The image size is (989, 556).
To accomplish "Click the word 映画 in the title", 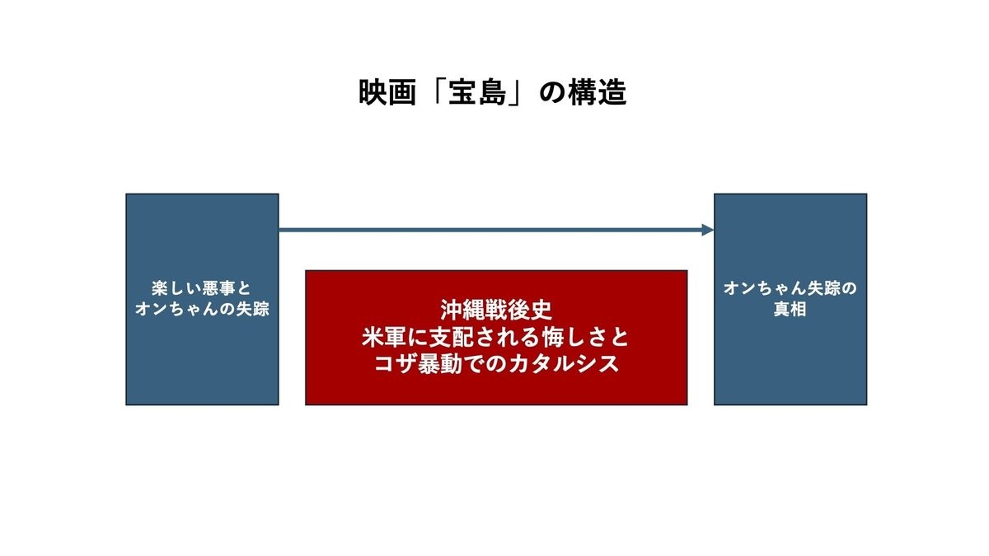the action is point(387,92).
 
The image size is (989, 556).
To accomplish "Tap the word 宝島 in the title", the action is point(478,92).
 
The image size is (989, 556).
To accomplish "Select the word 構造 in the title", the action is point(598,92).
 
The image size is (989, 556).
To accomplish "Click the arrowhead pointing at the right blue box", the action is point(708,230).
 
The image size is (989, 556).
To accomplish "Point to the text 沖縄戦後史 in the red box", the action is point(496,310).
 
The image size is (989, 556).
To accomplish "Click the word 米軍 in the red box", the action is point(384,338).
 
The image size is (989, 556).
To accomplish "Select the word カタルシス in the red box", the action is point(564,364).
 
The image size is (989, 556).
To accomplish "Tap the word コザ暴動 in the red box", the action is point(418,364).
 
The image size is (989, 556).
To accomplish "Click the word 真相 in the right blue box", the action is point(790,309).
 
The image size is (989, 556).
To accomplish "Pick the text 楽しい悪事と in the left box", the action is point(202,288).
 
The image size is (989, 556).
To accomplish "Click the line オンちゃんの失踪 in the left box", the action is point(202,309).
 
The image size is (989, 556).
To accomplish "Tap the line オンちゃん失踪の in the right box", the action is point(790,288).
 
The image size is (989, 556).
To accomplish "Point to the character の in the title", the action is point(553,93).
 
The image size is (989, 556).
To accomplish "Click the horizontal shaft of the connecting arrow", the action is point(490,230).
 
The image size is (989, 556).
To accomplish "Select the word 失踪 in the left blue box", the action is point(252,309).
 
